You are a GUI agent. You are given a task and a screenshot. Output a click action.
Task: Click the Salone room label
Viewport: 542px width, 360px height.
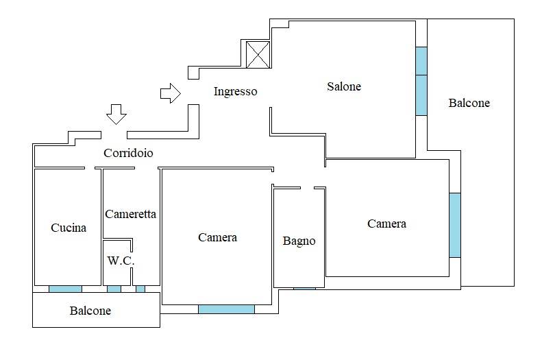click(x=344, y=86)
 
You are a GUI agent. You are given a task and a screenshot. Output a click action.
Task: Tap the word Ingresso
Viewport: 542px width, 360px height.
click(x=236, y=91)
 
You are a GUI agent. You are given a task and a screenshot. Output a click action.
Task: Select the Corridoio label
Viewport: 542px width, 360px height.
click(x=128, y=152)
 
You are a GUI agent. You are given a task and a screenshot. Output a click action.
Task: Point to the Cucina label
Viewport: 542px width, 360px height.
click(x=69, y=228)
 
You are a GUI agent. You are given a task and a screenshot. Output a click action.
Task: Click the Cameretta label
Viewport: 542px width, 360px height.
click(x=130, y=214)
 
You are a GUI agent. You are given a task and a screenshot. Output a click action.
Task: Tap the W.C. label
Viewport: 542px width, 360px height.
click(x=121, y=261)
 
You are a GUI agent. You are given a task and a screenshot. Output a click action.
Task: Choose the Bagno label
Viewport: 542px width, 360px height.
click(x=299, y=241)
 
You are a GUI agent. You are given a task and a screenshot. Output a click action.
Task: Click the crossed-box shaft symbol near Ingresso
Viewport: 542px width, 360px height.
click(x=258, y=54)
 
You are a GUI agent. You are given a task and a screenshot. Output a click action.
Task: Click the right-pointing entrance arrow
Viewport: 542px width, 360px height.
click(x=171, y=93)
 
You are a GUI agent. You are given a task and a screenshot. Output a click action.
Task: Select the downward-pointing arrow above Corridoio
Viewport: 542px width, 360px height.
click(x=116, y=115)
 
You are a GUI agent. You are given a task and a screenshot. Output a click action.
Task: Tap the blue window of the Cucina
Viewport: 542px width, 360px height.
click(x=65, y=289)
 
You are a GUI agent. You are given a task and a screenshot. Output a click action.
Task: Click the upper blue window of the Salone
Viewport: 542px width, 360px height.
click(x=421, y=61)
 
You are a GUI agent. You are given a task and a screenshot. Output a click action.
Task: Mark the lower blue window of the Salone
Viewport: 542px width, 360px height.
click(x=421, y=95)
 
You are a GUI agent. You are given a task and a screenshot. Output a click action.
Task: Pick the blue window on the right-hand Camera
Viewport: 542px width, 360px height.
click(x=455, y=225)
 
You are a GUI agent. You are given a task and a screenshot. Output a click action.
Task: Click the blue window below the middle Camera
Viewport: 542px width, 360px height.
click(x=226, y=309)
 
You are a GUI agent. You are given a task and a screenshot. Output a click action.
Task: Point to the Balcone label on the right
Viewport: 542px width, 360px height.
click(x=469, y=103)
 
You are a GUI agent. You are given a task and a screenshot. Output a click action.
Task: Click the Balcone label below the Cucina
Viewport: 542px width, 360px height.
click(x=90, y=311)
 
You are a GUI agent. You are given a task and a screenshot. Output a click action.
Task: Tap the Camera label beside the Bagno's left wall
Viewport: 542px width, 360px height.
click(x=217, y=237)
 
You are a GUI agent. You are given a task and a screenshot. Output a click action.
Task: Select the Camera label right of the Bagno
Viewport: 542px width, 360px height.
click(x=386, y=224)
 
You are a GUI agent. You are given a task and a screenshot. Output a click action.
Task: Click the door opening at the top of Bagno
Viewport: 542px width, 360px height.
click(x=307, y=188)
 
